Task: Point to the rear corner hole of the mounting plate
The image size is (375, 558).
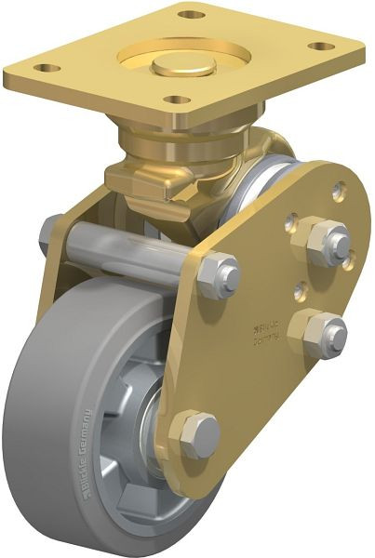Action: [x=191, y=15]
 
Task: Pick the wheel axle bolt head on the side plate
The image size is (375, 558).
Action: [x=197, y=433]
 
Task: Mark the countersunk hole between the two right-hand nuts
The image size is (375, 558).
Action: [x=300, y=291]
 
